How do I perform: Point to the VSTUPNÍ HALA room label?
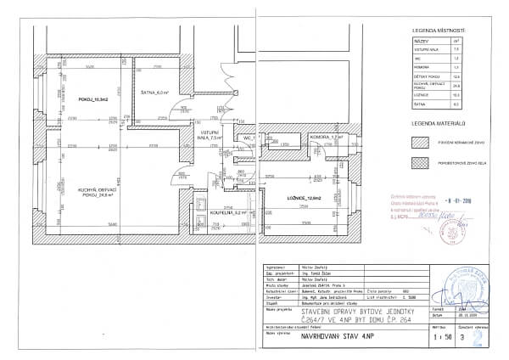(210, 135)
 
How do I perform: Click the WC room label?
(249, 136)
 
